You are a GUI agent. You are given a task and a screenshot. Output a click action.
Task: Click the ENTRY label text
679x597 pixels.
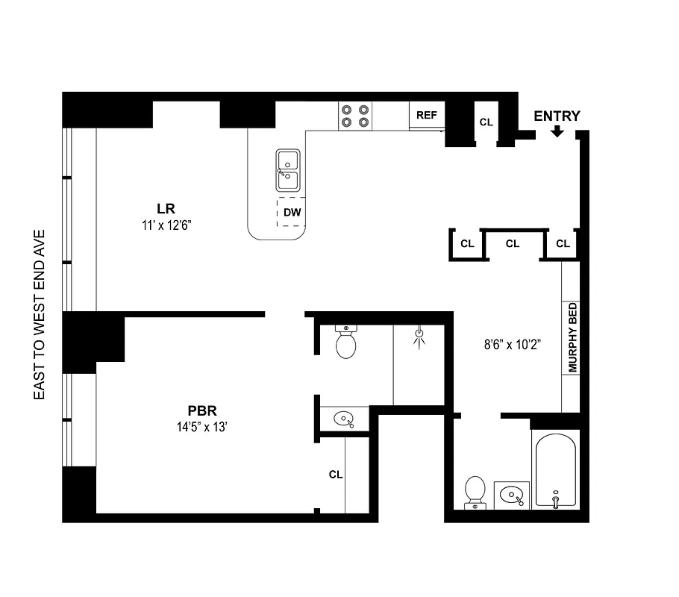557,116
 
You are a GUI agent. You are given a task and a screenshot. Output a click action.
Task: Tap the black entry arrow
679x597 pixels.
557,132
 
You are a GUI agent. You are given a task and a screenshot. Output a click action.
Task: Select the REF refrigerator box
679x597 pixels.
427,115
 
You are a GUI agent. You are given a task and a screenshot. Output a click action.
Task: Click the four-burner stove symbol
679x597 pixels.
355,115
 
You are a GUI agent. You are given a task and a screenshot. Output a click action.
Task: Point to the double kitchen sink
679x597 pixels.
288,171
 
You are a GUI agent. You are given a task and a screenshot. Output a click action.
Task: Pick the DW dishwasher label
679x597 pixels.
292,213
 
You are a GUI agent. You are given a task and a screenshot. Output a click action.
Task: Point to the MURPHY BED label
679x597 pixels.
572,338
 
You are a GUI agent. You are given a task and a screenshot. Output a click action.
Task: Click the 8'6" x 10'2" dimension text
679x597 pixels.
511,345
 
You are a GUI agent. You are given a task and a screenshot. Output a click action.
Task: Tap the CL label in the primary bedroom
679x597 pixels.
335,474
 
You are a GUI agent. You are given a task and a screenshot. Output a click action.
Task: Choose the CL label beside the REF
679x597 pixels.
486,121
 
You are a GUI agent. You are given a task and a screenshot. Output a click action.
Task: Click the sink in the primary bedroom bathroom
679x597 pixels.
345,419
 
